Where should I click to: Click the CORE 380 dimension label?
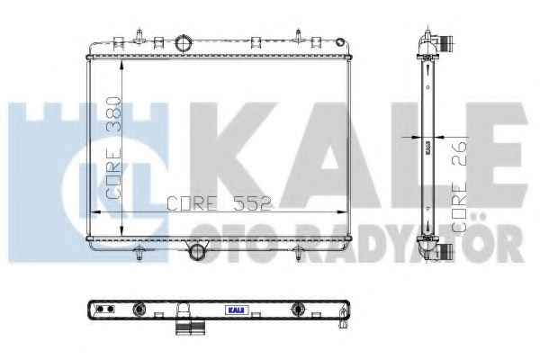113,148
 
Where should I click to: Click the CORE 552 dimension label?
220,203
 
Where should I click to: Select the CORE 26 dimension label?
459,185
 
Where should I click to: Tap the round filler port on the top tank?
184,43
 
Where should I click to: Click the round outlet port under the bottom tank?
198,252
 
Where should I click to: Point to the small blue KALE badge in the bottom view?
237,310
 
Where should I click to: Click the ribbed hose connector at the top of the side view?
446,43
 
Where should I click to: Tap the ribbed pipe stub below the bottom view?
191,328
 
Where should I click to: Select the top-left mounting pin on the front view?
139,36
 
